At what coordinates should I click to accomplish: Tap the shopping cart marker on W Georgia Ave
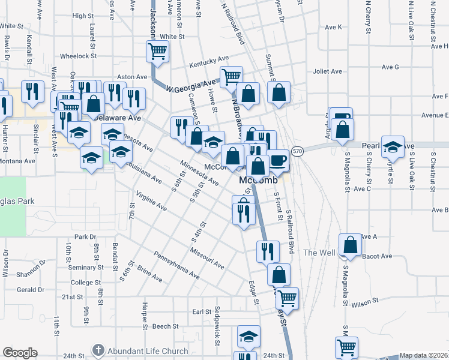231,76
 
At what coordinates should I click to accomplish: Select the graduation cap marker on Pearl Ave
393,147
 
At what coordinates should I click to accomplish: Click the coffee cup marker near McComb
278,160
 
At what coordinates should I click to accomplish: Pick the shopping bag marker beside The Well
351,245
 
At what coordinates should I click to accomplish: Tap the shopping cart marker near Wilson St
288,298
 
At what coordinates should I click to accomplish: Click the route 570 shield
297,151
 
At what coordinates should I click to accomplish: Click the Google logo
20,353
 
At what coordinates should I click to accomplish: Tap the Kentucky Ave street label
209,62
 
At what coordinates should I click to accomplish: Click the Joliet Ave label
327,71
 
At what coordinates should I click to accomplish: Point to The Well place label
319,253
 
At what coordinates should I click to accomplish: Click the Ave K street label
333,27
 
